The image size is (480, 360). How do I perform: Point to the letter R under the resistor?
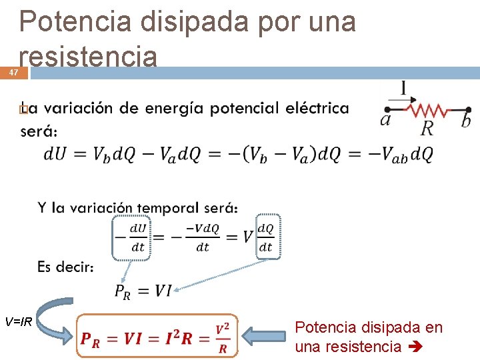coord(427,128)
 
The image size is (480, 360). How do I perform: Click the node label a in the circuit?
coord(385,120)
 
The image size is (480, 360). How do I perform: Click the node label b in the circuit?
coord(466,120)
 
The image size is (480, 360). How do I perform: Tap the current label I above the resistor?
coord(403,88)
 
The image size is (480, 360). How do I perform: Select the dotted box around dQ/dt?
coord(266,237)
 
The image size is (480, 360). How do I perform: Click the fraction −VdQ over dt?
coord(203,237)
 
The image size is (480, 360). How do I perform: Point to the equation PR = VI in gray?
coord(143,291)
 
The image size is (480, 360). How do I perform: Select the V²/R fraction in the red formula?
coord(223,338)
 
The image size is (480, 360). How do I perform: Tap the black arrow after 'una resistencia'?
coord(411,347)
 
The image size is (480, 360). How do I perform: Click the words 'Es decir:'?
coord(65,267)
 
